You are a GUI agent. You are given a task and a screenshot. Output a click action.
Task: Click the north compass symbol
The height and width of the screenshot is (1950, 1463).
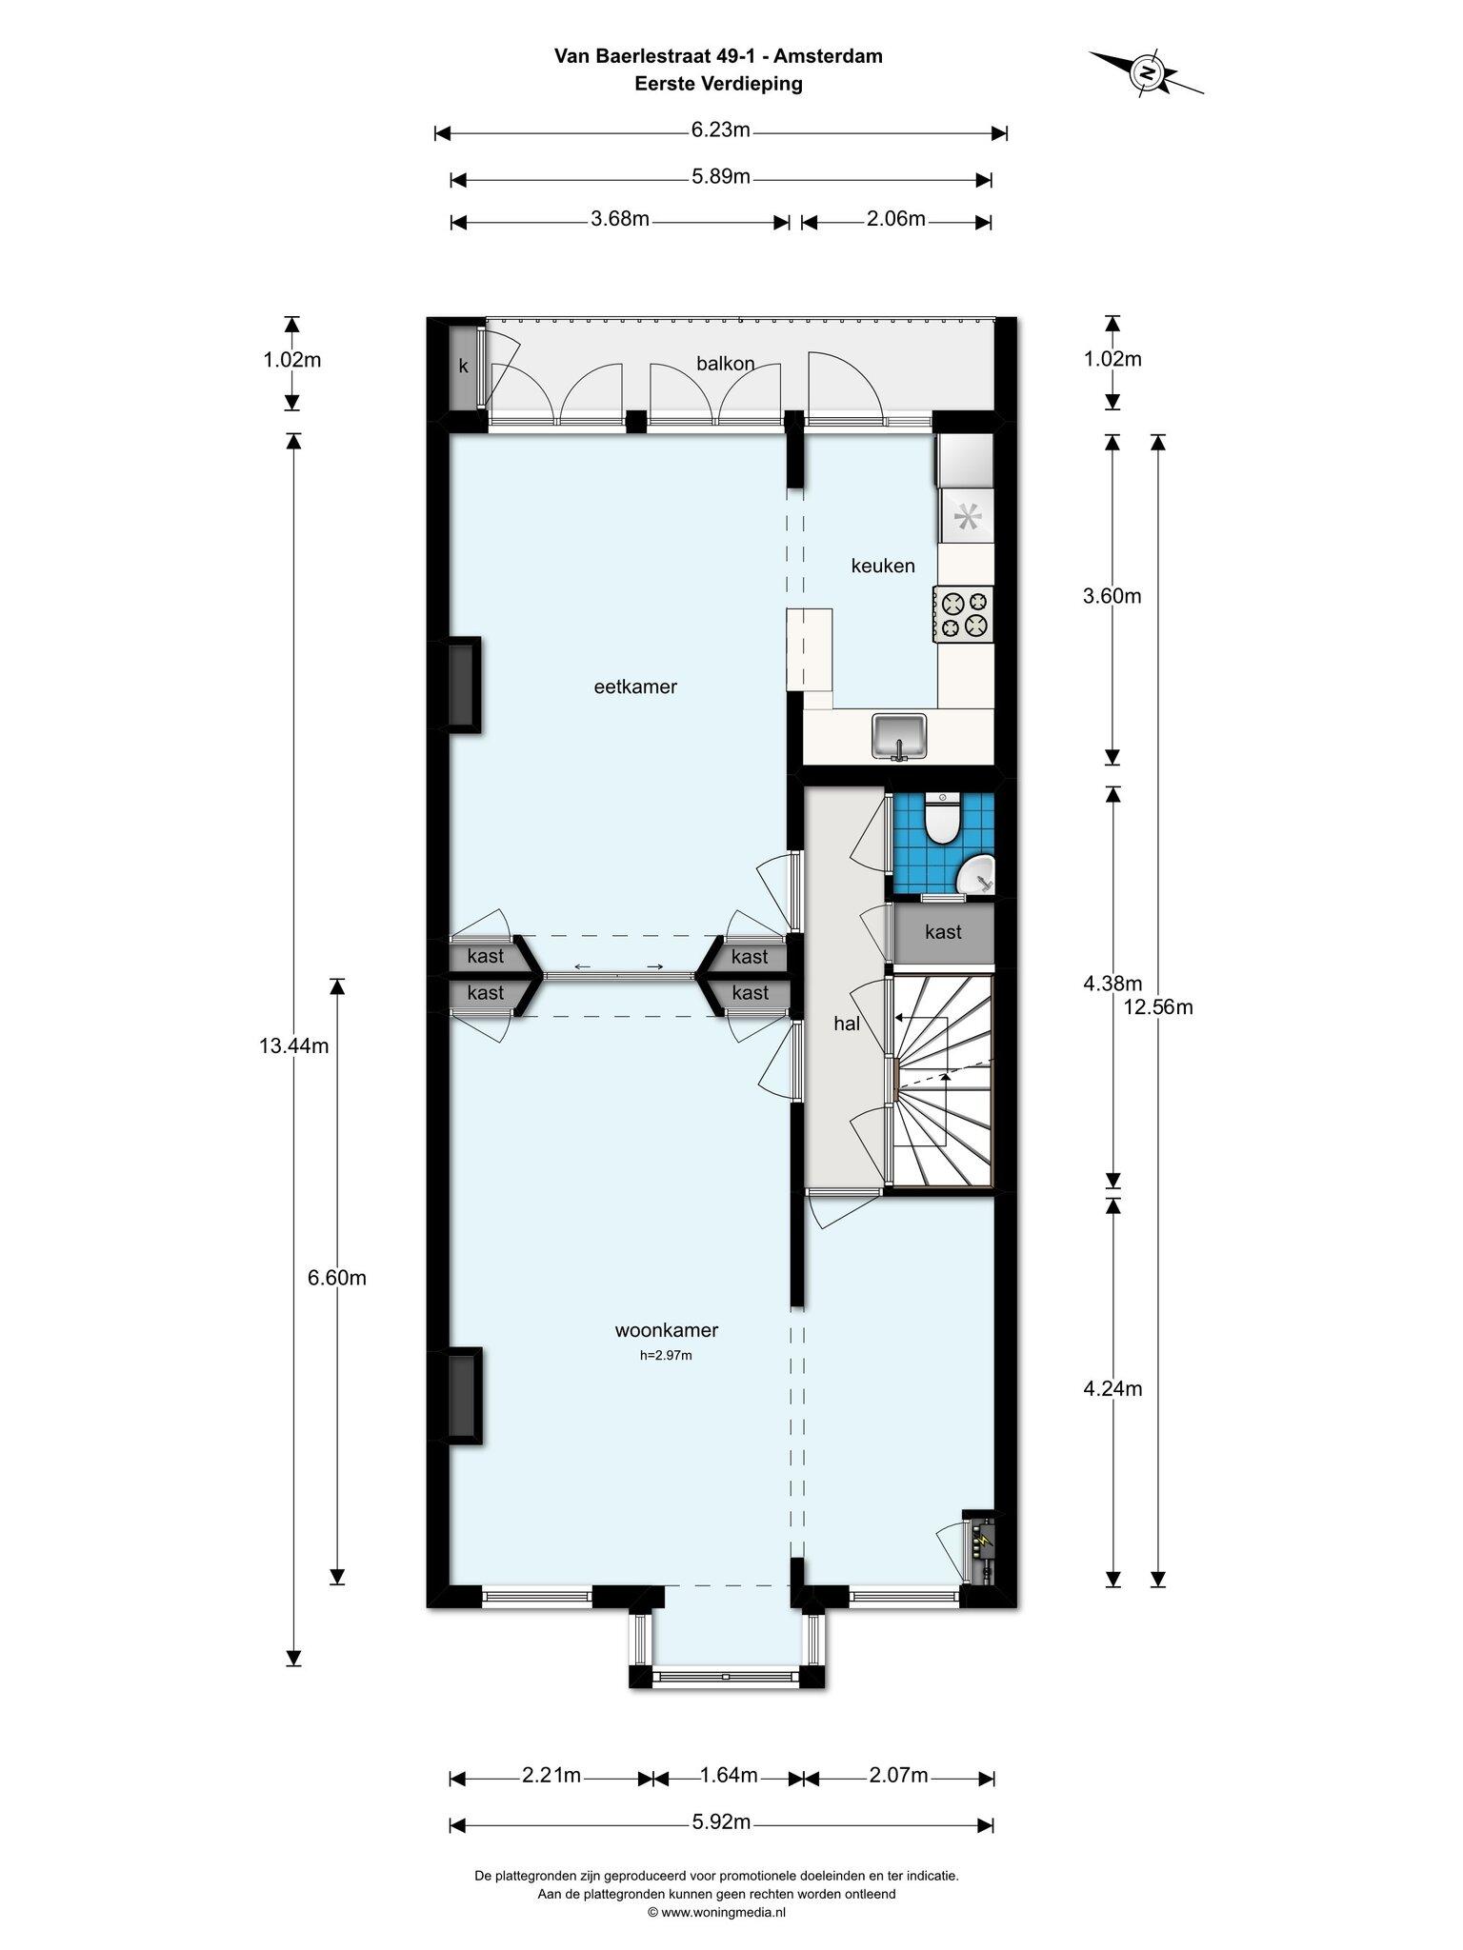coord(1147,72)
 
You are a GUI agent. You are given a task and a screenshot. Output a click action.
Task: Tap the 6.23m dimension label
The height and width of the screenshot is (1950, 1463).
coord(721,129)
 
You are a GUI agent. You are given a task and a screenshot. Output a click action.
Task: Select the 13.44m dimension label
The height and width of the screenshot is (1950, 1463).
coord(294,1045)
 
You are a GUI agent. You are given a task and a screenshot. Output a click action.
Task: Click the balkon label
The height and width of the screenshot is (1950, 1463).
coord(726,363)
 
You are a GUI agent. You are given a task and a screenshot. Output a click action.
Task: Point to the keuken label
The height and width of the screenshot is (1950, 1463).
coord(883,566)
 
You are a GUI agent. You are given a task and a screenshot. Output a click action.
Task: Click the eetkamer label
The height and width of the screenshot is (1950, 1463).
coord(635,686)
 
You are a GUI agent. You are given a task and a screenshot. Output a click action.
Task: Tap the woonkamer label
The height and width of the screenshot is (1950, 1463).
coord(667,1330)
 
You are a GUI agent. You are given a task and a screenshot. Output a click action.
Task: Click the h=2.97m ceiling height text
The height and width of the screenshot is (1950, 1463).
coord(666,1355)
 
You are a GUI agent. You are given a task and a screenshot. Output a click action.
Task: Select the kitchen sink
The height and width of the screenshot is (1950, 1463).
coord(899,736)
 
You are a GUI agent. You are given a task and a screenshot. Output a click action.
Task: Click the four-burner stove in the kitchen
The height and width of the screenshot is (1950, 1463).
coord(964,614)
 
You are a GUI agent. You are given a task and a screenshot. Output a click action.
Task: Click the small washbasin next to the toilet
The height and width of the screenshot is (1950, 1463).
coord(976,873)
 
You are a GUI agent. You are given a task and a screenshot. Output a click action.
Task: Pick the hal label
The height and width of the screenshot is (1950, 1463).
coord(847,1024)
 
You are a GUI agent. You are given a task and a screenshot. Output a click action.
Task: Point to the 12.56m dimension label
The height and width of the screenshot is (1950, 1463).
coord(1158,1005)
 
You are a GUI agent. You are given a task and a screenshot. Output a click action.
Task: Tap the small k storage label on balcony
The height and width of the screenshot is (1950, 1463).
coord(464,367)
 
